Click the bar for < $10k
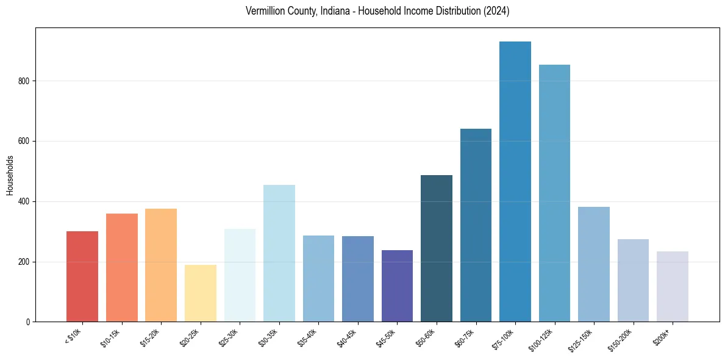point(82,276)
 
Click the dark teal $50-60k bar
point(436,248)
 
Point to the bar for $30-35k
point(279,253)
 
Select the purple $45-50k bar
point(397,286)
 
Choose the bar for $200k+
point(672,286)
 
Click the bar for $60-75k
point(476,225)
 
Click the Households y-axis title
point(10,175)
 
